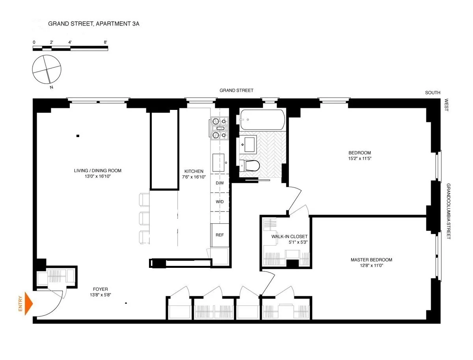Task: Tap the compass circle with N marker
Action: (x=47, y=70)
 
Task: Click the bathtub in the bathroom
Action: (x=262, y=120)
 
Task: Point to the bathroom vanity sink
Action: (x=248, y=144)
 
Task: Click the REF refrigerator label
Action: (x=220, y=235)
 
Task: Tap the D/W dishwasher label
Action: (x=220, y=183)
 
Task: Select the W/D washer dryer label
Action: (x=220, y=202)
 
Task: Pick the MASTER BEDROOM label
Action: (x=371, y=260)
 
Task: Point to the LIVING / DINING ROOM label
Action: (x=98, y=171)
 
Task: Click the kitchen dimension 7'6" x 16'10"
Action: (x=194, y=177)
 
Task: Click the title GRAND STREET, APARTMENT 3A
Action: (x=93, y=24)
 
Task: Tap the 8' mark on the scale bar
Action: (x=106, y=42)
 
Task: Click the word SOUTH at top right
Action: (x=432, y=93)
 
